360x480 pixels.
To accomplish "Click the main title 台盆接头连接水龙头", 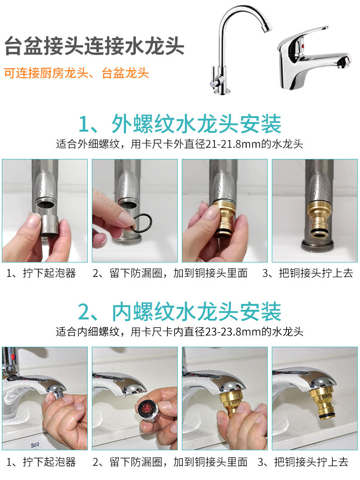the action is tap(94, 46).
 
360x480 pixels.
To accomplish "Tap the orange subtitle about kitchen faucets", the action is tap(76, 73).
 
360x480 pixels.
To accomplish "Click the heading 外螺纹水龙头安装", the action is tap(180, 124).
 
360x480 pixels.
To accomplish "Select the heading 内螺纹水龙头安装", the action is tap(180, 312).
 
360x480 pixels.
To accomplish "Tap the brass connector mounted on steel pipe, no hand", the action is tap(320, 220).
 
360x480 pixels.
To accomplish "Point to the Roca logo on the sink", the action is tap(35, 444).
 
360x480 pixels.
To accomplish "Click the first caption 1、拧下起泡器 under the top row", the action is tap(41, 273).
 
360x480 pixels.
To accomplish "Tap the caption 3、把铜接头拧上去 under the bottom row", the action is tap(303, 462).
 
